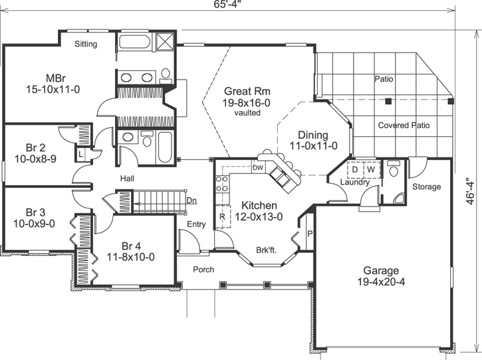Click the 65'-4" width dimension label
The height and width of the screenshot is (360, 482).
pos(227,5)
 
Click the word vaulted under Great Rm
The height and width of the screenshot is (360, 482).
pos(247,113)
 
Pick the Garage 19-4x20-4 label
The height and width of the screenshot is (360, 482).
pos(381,276)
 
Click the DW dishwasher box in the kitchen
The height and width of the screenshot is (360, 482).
pos(259,168)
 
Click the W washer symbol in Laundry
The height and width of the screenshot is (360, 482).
pos(370,169)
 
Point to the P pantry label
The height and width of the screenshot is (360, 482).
pos(310,233)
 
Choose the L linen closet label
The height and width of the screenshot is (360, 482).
pos(80,154)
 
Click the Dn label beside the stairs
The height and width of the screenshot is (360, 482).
pos(191,200)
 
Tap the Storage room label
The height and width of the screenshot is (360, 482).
pos(426,187)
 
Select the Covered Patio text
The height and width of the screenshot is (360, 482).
pos(404,125)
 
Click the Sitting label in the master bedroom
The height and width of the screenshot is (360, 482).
pos(85,45)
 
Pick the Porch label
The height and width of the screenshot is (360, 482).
pos(203,270)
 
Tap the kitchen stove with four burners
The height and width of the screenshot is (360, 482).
pos(222,184)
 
